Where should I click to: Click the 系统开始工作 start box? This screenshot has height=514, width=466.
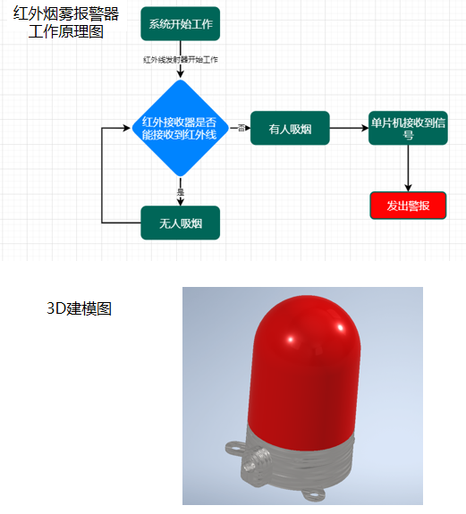[181, 23]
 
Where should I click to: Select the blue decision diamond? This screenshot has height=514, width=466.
[180, 128]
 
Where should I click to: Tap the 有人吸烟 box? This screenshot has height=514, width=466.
[290, 128]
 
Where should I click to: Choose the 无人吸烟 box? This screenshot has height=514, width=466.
[181, 223]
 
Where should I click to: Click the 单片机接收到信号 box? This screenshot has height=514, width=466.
[408, 128]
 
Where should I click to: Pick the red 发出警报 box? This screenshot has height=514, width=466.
[408, 206]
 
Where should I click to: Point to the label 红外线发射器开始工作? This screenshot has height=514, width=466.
[181, 60]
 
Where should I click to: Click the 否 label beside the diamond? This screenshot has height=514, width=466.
[241, 128]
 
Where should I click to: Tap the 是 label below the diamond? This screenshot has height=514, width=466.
[181, 192]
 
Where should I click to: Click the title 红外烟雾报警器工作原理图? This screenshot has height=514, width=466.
[66, 23]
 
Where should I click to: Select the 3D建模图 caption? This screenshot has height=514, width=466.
[80, 308]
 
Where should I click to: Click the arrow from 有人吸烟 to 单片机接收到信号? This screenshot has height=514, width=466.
[349, 128]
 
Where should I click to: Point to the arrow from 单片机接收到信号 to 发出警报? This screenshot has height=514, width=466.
[408, 168]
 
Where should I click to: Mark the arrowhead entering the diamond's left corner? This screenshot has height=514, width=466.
[127, 128]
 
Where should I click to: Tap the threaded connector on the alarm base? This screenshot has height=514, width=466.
[256, 461]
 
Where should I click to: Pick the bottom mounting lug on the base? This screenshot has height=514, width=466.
[313, 494]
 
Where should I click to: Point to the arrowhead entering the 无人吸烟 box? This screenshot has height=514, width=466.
[181, 202]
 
